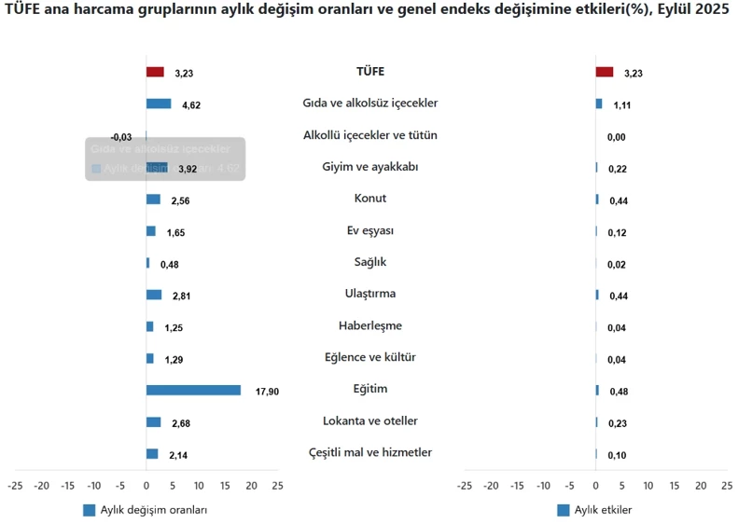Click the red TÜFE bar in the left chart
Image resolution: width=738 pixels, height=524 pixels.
[x=155, y=72]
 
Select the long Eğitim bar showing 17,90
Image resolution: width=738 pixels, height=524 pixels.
[x=193, y=390]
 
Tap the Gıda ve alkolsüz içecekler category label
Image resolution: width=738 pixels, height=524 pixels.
[x=370, y=103]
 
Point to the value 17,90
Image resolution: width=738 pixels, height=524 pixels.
[x=267, y=392]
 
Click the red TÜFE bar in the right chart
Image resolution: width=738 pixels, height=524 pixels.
[x=604, y=72]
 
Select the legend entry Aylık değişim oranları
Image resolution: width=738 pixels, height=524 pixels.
[x=146, y=510]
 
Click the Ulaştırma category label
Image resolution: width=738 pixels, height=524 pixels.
[x=370, y=294]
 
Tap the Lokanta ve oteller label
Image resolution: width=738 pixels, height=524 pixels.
[x=370, y=421]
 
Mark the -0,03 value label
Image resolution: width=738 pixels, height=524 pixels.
[x=121, y=137]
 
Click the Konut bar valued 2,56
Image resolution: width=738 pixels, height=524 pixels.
[x=153, y=199]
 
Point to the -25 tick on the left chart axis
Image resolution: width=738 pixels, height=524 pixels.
[x=15, y=486]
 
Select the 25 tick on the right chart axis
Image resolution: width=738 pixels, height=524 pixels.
[x=727, y=486]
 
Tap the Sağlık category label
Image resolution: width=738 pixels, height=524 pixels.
[x=370, y=262]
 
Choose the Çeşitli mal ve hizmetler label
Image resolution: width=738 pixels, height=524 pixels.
[x=370, y=453]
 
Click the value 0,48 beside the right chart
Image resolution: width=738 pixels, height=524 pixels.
[x=619, y=392]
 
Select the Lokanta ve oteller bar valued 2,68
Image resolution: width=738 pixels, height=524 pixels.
[x=153, y=421]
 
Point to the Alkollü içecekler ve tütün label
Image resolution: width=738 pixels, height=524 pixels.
[x=370, y=135]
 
